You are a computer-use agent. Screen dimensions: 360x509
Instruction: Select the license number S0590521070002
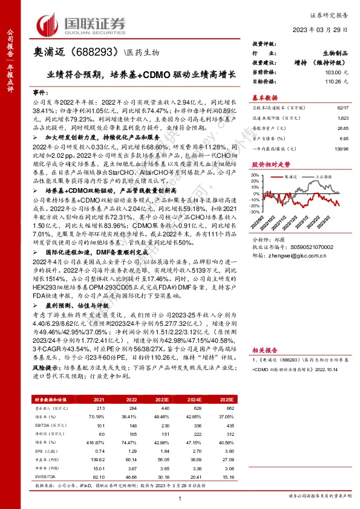pyautogui.click(x=309, y=247)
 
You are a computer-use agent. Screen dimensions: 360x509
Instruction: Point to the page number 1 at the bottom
pyautogui.click(x=180, y=497)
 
